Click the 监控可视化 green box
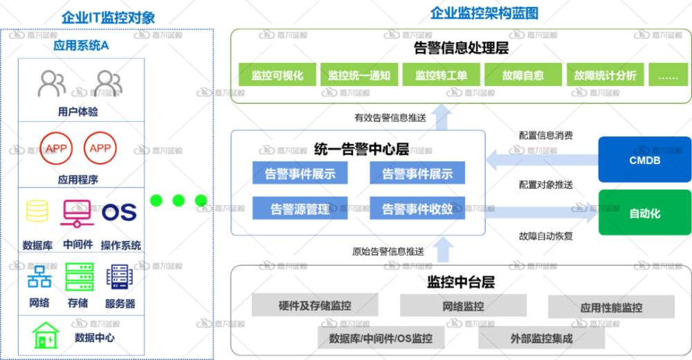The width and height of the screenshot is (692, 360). tap(277, 75)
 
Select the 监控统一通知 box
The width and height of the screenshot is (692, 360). tap(359, 75)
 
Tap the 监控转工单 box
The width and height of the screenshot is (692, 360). tap(441, 75)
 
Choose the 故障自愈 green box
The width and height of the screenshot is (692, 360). tap(522, 75)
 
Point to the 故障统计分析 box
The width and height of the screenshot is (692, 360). tap(605, 75)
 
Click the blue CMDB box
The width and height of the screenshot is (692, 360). tap(644, 160)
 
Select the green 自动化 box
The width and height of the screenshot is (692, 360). tap(644, 213)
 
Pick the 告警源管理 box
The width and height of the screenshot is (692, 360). tap(300, 208)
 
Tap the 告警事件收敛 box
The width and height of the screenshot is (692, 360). tap(417, 208)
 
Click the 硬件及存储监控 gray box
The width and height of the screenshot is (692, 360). tap(315, 305)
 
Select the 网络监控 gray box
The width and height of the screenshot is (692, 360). tap(463, 305)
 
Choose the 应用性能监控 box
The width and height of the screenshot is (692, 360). tap(611, 307)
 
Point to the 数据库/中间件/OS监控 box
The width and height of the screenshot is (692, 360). tap(381, 339)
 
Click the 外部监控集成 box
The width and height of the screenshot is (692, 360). tap(541, 339)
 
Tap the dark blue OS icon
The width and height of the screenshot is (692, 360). tap(119, 212)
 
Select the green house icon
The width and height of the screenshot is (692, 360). tap(46, 336)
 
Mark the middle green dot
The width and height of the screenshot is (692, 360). tap(179, 201)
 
